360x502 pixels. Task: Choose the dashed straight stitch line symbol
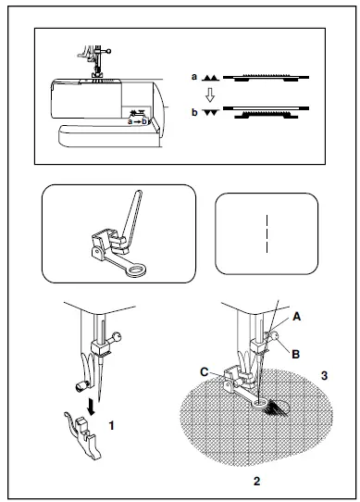point(266,233)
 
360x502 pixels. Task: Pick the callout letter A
point(296,315)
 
